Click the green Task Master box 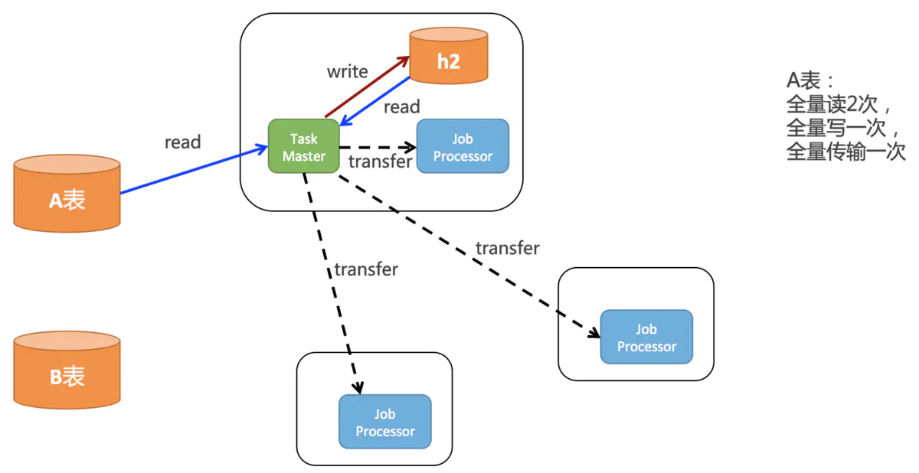(303, 146)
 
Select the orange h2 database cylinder (448, 56)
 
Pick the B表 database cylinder (67, 370)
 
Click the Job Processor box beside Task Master (463, 146)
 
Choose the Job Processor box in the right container (646, 338)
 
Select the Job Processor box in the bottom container (385, 422)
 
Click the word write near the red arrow (347, 72)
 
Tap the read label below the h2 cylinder (401, 107)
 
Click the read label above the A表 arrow (182, 142)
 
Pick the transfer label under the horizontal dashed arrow (380, 161)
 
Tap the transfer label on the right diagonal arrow (507, 248)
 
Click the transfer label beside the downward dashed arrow (366, 269)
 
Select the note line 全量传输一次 (845, 152)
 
